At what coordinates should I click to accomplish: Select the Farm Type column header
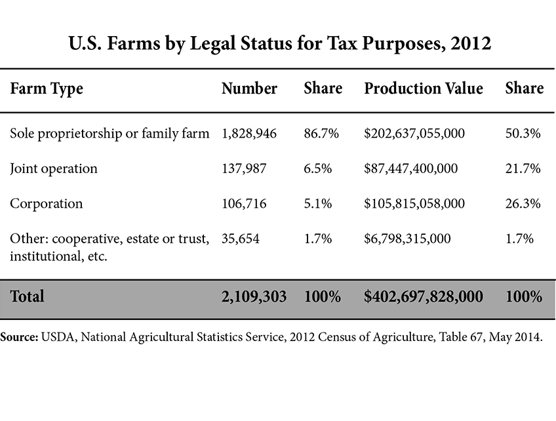point(47,89)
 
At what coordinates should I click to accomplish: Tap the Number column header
point(249,89)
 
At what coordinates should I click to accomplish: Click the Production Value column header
point(423,89)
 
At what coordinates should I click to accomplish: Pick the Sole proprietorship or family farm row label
point(109,134)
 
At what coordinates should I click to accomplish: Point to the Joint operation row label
point(54,169)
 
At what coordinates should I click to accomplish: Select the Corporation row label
point(47,203)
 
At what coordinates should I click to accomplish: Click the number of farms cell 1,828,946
point(249,134)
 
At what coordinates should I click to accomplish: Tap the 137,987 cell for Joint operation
point(244,169)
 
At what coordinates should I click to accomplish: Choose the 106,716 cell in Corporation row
point(244,203)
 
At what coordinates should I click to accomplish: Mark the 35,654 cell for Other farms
point(241,239)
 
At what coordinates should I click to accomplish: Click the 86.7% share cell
point(321,134)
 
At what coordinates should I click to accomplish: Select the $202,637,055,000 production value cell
point(414,134)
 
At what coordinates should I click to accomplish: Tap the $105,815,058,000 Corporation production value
point(414,203)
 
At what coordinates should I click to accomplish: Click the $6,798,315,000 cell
point(407,239)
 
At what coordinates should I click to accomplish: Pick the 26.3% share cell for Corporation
point(523,203)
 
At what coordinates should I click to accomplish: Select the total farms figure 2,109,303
point(254,296)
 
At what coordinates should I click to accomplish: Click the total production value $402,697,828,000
point(423,296)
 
